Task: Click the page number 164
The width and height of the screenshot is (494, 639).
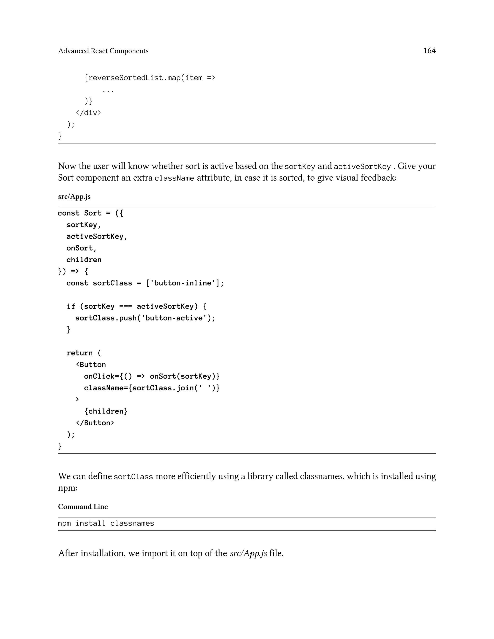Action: [x=429, y=51]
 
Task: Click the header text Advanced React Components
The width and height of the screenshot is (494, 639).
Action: [x=103, y=51]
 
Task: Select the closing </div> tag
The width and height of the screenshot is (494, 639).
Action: [x=88, y=113]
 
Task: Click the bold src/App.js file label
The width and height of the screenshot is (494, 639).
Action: [x=74, y=196]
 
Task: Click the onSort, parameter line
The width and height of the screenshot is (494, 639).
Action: [x=81, y=248]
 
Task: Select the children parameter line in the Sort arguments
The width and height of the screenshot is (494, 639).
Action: [x=84, y=260]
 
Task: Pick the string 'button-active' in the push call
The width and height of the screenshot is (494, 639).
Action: [x=174, y=318]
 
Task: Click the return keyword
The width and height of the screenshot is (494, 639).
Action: [x=79, y=353]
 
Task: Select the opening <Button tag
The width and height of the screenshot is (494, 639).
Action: [x=91, y=365]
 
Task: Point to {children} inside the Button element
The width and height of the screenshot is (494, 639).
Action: [x=106, y=411]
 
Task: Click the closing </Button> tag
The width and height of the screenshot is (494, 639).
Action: [x=95, y=423]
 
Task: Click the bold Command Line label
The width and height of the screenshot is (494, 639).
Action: [x=83, y=507]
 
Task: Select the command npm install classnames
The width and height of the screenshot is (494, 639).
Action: [x=106, y=523]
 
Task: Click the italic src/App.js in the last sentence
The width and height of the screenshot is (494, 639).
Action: [x=248, y=553]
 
